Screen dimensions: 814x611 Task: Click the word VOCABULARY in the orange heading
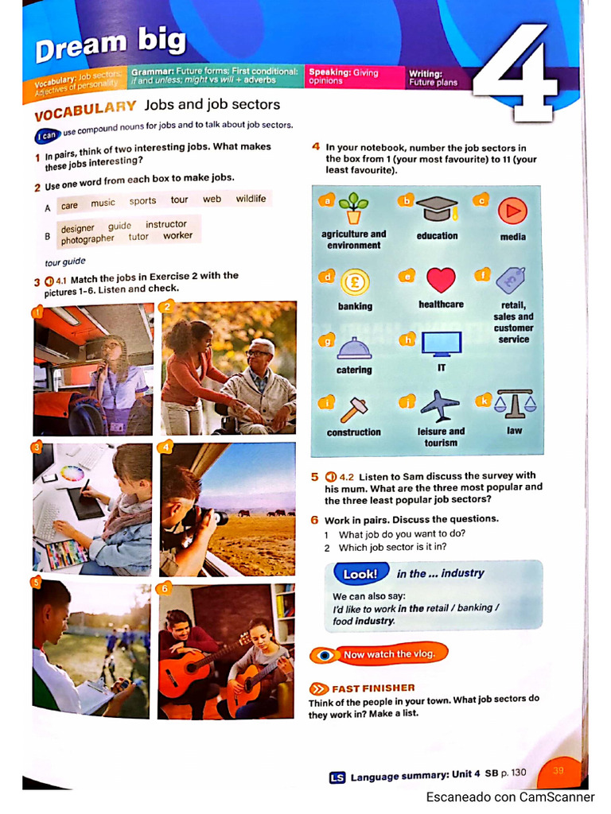(86, 108)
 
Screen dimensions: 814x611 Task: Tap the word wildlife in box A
(251, 199)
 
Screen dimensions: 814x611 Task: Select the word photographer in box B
(88, 238)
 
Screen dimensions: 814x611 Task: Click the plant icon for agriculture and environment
(353, 208)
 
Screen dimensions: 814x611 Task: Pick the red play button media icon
(512, 210)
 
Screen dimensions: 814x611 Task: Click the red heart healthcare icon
(441, 280)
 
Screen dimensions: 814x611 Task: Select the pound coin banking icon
(354, 282)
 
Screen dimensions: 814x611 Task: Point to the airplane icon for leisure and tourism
(440, 405)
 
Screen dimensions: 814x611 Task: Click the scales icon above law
(515, 405)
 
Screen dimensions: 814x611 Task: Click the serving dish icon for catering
(354, 347)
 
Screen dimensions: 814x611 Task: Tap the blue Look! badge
(360, 574)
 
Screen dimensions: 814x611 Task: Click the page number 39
(558, 770)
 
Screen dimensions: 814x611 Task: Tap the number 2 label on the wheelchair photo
(167, 307)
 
